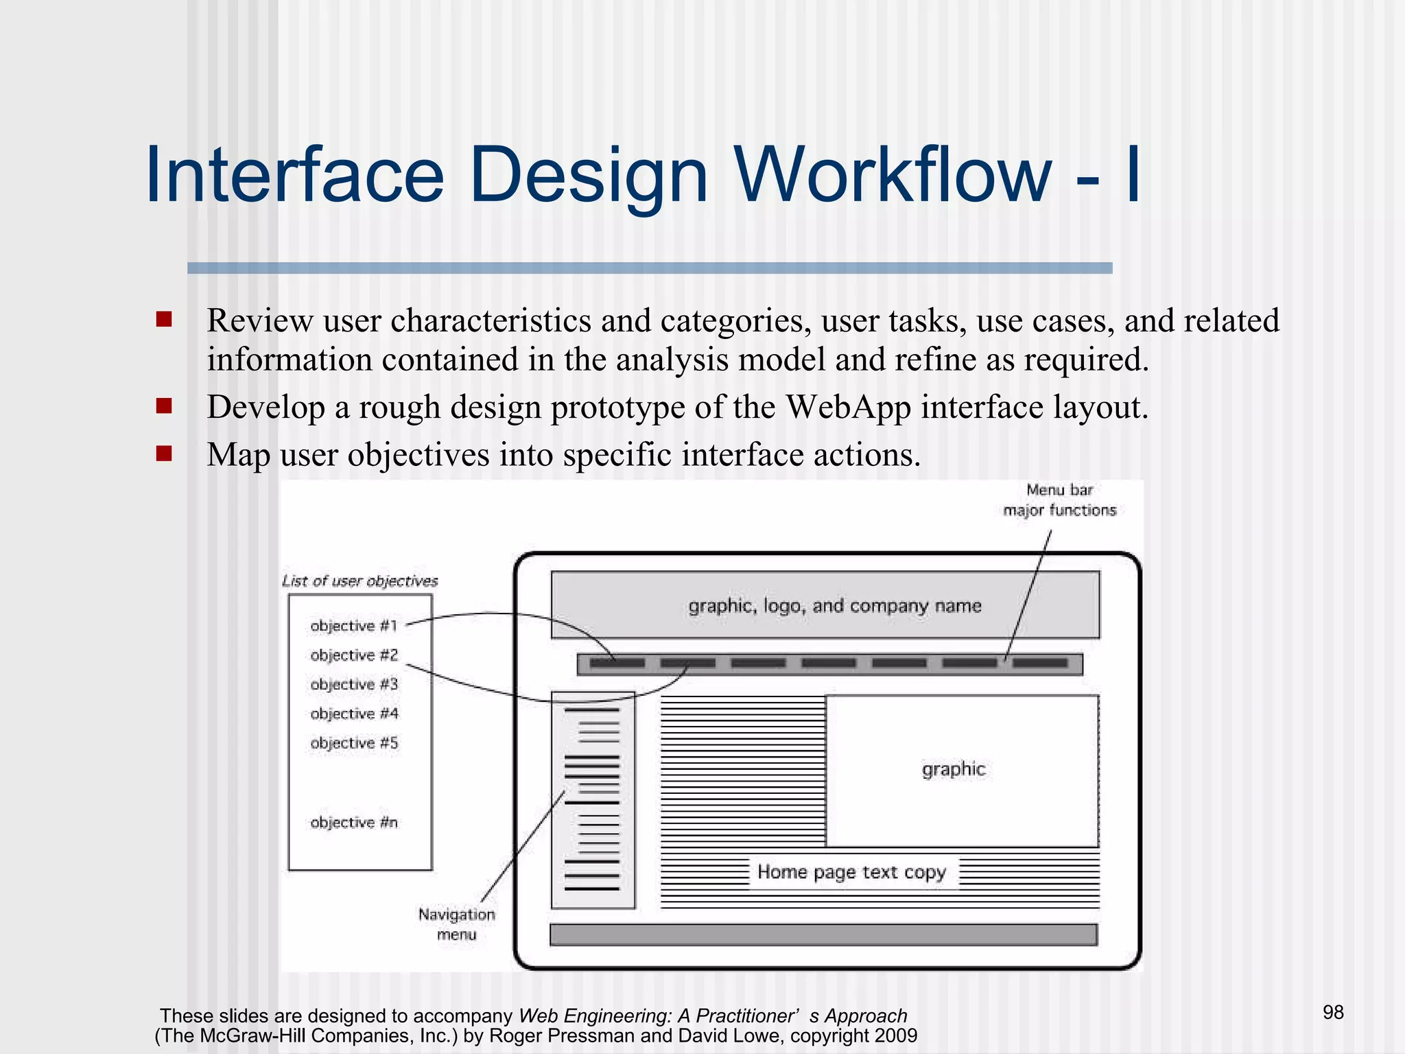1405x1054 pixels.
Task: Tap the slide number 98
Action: (1333, 1012)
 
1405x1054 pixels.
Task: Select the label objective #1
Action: (353, 626)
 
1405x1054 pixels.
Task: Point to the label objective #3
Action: (354, 684)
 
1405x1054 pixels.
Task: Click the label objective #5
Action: (354, 743)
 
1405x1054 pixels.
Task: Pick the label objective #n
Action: (354, 822)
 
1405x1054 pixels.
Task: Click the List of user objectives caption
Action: (360, 581)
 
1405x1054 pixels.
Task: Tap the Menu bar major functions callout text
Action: (1060, 500)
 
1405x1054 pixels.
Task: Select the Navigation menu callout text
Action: (457, 924)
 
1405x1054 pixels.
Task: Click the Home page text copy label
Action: (852, 872)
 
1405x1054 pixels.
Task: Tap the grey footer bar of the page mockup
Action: (823, 935)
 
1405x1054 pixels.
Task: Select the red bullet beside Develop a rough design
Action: (164, 406)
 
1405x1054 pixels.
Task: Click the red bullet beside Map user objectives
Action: (164, 454)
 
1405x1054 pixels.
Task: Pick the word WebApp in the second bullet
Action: (848, 408)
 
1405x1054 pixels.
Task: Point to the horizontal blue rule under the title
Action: (650, 268)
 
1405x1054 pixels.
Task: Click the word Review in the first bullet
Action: (260, 321)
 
